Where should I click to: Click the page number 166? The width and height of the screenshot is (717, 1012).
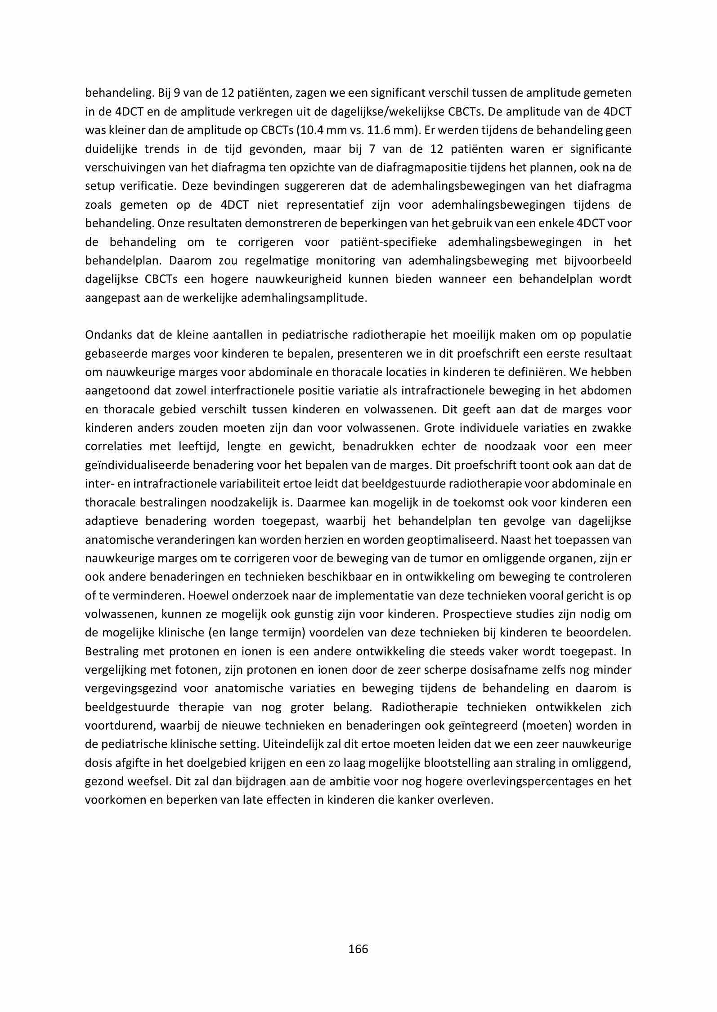358,949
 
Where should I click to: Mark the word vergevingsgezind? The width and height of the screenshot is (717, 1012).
130,689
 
